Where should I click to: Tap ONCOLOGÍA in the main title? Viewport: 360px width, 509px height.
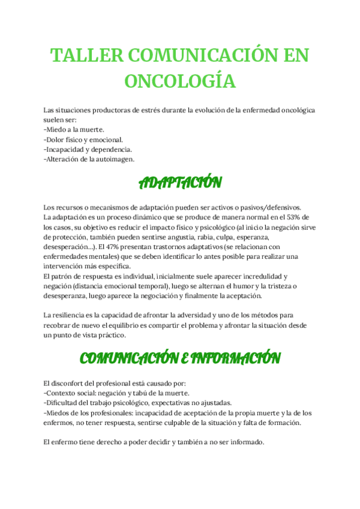179,80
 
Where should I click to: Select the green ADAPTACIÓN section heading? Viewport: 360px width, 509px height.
180,182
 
